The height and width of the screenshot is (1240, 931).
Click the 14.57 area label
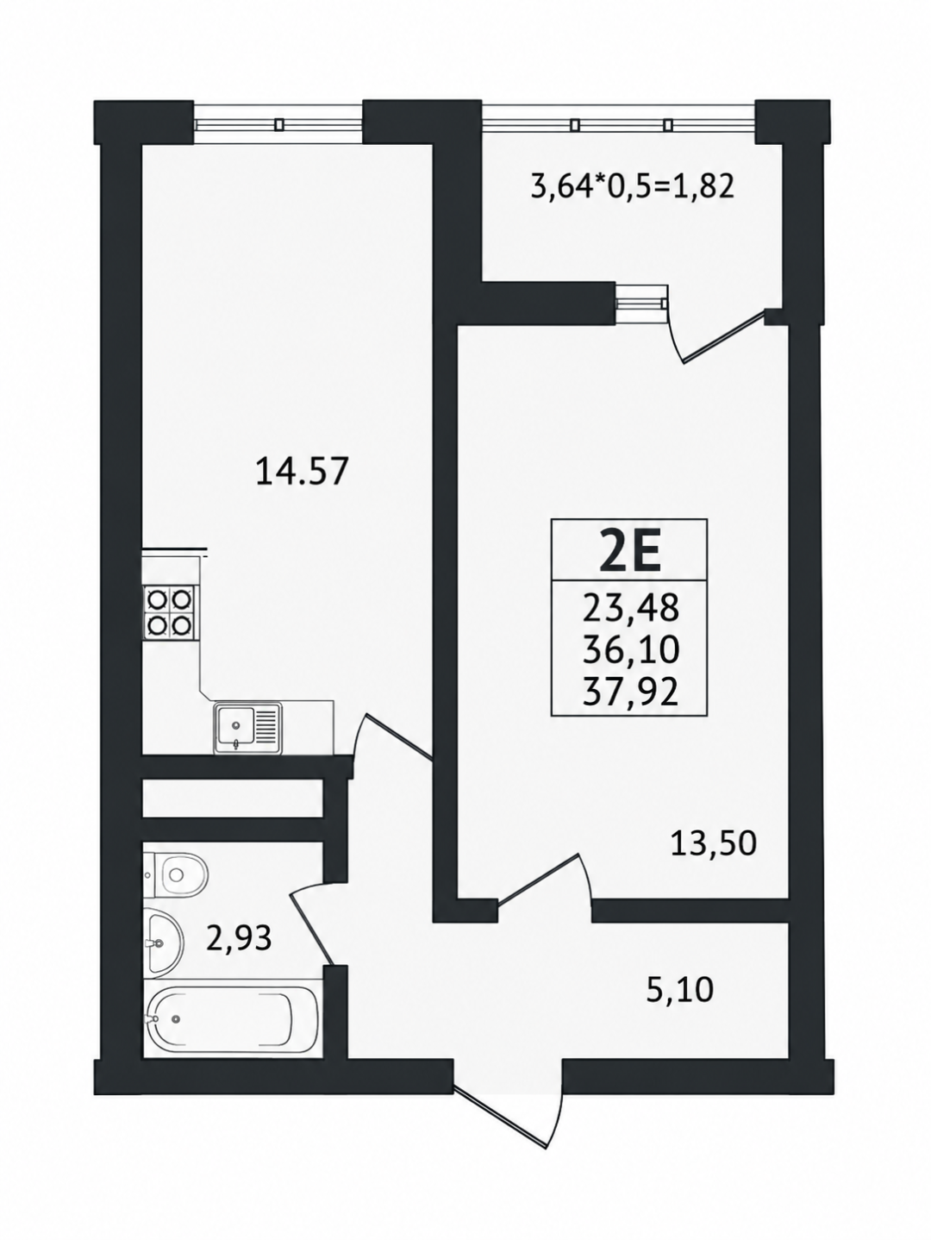[x=300, y=473]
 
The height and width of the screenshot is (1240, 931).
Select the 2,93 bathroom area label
[x=240, y=938]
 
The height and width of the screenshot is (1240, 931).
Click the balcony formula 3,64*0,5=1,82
[x=633, y=186]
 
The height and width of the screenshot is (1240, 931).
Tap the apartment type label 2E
[x=629, y=550]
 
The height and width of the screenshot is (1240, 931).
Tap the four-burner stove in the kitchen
[x=168, y=612]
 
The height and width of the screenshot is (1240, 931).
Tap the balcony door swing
[x=717, y=335]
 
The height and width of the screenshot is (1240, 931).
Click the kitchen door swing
[x=393, y=736]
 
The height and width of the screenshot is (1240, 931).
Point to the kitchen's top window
[x=278, y=123]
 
